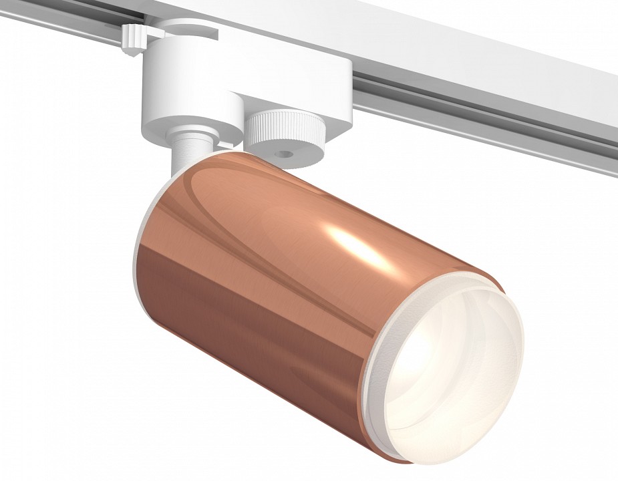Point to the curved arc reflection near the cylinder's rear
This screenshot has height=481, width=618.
click(200, 200)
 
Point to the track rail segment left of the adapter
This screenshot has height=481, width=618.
click(60, 20)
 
